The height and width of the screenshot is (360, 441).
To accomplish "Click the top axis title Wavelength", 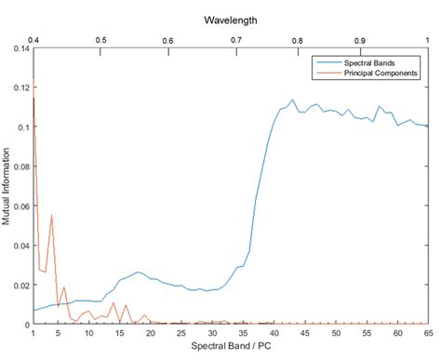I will pyautogui.click(x=231, y=19).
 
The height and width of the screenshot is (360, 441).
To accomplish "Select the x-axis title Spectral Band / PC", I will pyautogui.click(x=231, y=346).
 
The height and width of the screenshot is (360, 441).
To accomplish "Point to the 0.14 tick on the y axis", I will pyautogui.click(x=19, y=47).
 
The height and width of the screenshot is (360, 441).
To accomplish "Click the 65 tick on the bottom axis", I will pyautogui.click(x=428, y=332).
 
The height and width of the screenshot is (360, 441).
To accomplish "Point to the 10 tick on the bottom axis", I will pyautogui.click(x=88, y=332).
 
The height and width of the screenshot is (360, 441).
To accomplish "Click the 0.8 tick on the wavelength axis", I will pyautogui.click(x=297, y=41).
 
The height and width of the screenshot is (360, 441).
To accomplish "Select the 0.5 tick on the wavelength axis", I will pyautogui.click(x=100, y=41).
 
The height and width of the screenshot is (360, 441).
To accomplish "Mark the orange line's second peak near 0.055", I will pyautogui.click(x=52, y=215).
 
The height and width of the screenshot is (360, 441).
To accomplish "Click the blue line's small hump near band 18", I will pyautogui.click(x=138, y=272).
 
